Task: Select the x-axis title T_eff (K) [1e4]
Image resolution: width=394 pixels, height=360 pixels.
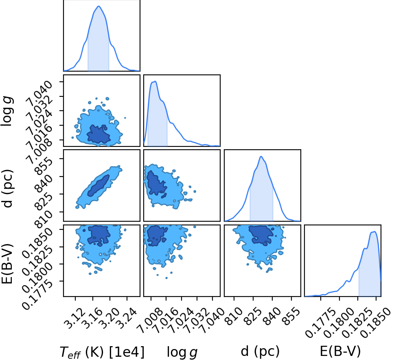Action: click(102, 352)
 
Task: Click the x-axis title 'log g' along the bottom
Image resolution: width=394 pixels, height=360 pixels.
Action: click(182, 352)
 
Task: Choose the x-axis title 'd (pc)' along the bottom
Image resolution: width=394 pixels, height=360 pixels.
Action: click(260, 351)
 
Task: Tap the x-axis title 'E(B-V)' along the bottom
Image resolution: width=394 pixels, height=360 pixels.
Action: click(340, 351)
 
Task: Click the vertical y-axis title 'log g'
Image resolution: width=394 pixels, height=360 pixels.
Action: click(7, 111)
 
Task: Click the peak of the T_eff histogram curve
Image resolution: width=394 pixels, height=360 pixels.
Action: click(99, 6)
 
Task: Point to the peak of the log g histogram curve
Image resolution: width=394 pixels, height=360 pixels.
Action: click(155, 81)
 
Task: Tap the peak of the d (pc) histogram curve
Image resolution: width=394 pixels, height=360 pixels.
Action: click(261, 156)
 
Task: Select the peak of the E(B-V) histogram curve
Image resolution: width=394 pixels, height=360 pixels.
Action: click(374, 232)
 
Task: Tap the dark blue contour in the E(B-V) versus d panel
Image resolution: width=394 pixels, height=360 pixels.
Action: click(261, 234)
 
